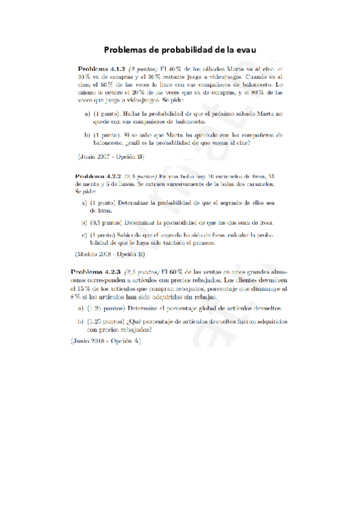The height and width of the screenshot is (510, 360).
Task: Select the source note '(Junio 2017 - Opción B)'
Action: (112, 156)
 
